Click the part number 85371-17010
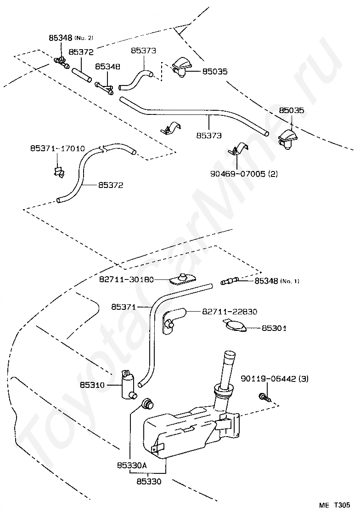57,148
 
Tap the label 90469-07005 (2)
243,173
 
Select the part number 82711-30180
127,279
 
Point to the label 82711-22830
230,312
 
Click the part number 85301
274,328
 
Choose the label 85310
92,385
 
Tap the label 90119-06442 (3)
275,379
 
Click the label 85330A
132,465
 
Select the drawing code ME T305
334,505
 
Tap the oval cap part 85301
233,326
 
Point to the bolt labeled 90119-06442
264,398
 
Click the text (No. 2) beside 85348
84,38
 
